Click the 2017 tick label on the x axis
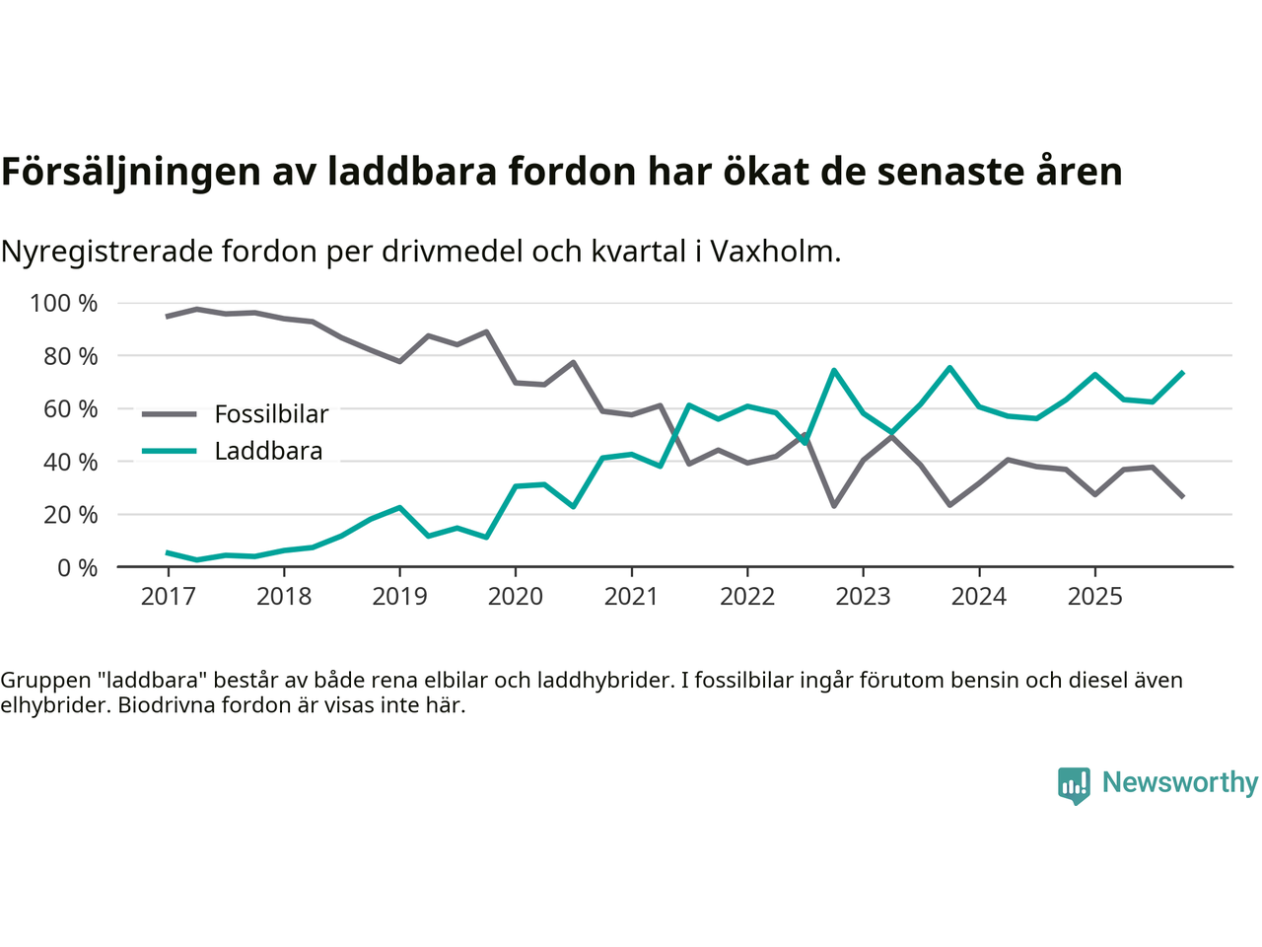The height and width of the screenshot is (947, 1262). coord(168,597)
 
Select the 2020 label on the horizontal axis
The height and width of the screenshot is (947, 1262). coord(516,597)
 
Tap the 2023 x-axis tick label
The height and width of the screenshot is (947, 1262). coord(863,597)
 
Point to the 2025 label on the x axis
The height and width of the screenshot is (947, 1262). coord(1094,597)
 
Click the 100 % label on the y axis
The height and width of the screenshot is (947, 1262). coord(64,303)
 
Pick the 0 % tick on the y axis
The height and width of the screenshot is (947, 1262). coord(77,567)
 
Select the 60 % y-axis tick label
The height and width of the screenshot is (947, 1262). coord(69,408)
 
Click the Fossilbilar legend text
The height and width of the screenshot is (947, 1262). coord(271,414)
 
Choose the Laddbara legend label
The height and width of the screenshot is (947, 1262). coord(268,452)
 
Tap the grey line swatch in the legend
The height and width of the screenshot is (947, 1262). coord(170,414)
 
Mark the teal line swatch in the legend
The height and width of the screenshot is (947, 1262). coord(170,452)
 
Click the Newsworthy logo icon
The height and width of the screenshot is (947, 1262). coord(1074,785)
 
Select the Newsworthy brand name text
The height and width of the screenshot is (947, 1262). coord(1179,782)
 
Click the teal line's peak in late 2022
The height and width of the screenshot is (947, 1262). coord(834,371)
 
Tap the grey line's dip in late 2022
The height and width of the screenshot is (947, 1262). coord(834,506)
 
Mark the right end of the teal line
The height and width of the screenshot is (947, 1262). coord(1182,373)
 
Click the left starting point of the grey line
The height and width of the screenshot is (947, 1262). coord(168,317)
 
